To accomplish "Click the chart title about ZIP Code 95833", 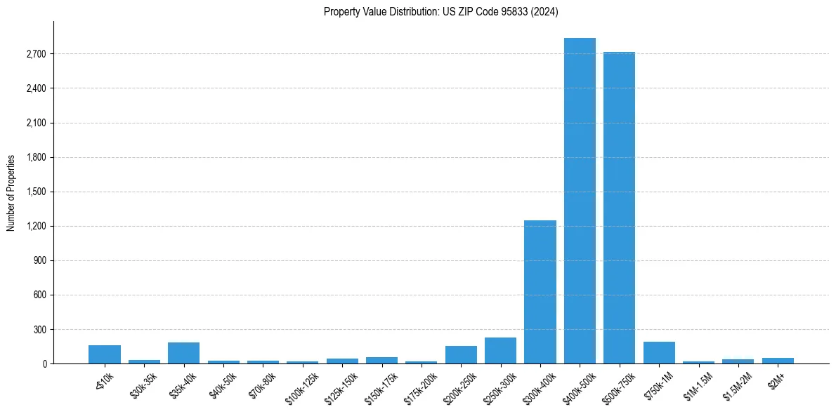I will pos(441,11).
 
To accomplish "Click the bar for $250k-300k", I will pos(500,351).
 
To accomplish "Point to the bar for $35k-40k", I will pos(183,353).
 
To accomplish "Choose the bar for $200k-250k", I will pos(461,355).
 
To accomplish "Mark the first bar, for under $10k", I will pos(105,354).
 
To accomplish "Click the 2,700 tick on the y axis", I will pos(34,54).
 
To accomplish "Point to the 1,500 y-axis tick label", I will pos(34,192).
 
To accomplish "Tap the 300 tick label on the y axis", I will pos(39,329).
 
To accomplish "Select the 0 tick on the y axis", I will pos(44,363).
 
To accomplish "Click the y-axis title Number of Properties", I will pos(11,192).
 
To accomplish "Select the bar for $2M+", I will pos(778,361).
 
